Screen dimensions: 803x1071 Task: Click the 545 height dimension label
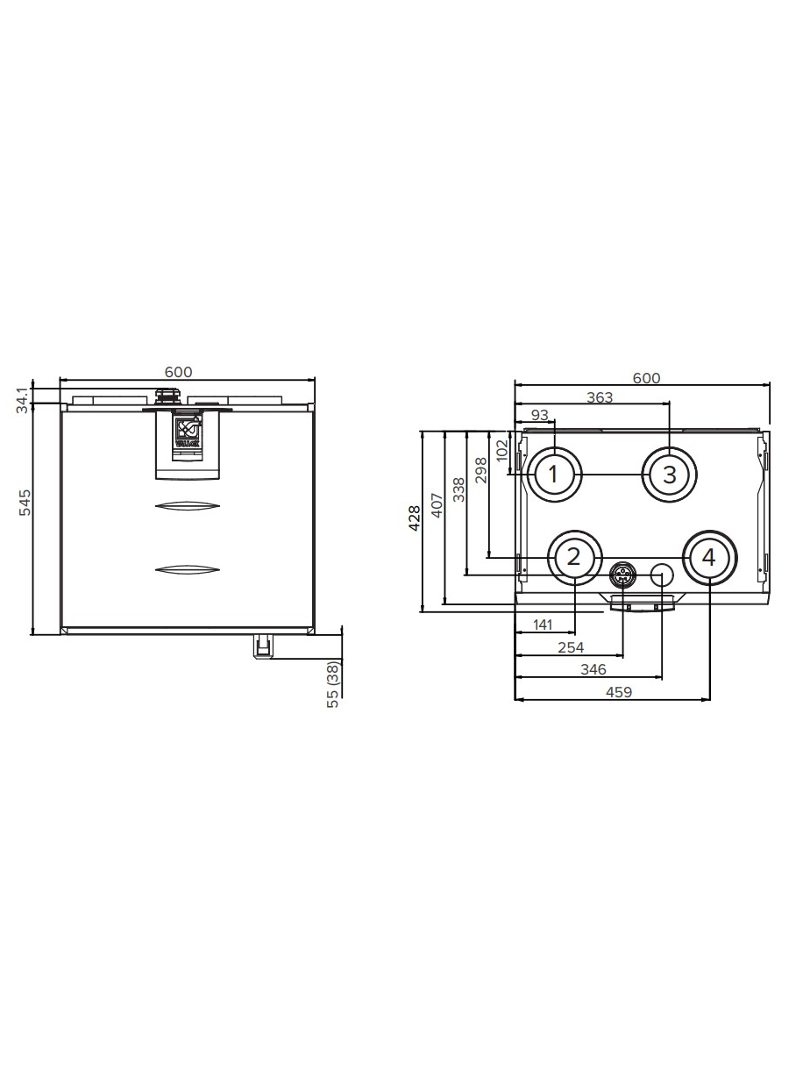click(25, 502)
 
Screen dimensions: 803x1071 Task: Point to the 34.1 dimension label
click(23, 400)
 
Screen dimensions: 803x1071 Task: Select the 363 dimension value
click(600, 397)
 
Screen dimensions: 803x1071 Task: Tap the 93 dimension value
click(540, 415)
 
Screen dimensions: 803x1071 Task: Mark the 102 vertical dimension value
click(501, 450)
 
